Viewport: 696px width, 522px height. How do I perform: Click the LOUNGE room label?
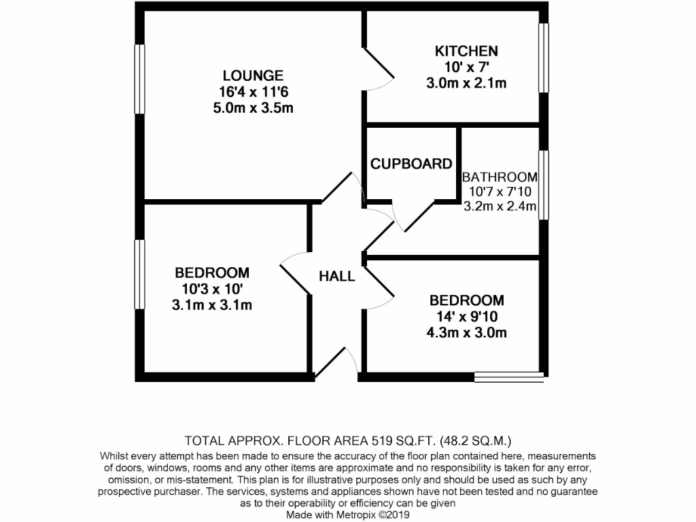253,75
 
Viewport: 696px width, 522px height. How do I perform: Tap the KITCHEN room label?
466,51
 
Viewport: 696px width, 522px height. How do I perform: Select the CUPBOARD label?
411,164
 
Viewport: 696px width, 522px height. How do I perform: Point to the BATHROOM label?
500,177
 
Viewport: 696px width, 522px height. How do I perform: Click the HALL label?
337,277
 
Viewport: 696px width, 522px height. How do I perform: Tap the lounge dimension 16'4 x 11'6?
253,92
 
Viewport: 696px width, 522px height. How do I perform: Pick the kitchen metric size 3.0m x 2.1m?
466,84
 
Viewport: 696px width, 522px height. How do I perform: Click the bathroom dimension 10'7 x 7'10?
500,192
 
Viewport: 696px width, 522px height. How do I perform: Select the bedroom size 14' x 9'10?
466,317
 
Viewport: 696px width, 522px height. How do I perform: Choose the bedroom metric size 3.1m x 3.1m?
212,305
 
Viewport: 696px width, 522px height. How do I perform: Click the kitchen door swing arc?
381,68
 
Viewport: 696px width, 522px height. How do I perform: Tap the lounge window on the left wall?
139,79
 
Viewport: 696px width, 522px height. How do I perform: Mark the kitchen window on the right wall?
544,58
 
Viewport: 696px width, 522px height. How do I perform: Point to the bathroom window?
544,185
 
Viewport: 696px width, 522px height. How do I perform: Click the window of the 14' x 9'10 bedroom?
508,374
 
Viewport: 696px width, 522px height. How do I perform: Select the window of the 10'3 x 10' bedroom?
139,274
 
